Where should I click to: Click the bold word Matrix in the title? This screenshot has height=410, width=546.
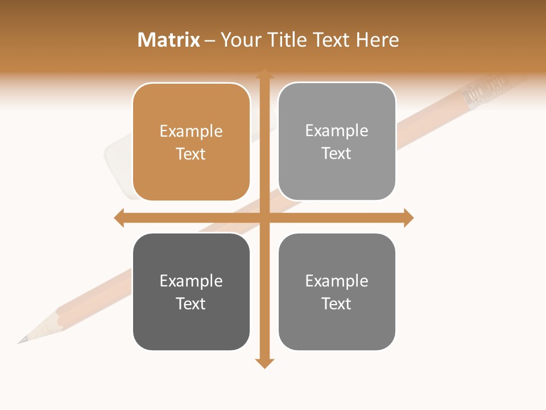168,40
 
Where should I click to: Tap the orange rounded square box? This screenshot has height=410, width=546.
191,142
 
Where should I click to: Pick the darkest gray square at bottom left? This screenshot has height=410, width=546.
191,292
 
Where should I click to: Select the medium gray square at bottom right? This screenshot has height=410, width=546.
337,292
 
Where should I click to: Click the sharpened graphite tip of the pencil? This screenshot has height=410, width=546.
22,341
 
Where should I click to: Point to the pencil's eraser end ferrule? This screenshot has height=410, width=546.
483,94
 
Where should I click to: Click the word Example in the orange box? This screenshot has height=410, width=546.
191,131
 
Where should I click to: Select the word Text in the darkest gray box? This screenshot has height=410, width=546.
191,304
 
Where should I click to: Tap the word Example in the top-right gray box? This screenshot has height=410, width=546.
337,130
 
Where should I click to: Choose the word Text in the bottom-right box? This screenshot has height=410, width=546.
337,304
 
